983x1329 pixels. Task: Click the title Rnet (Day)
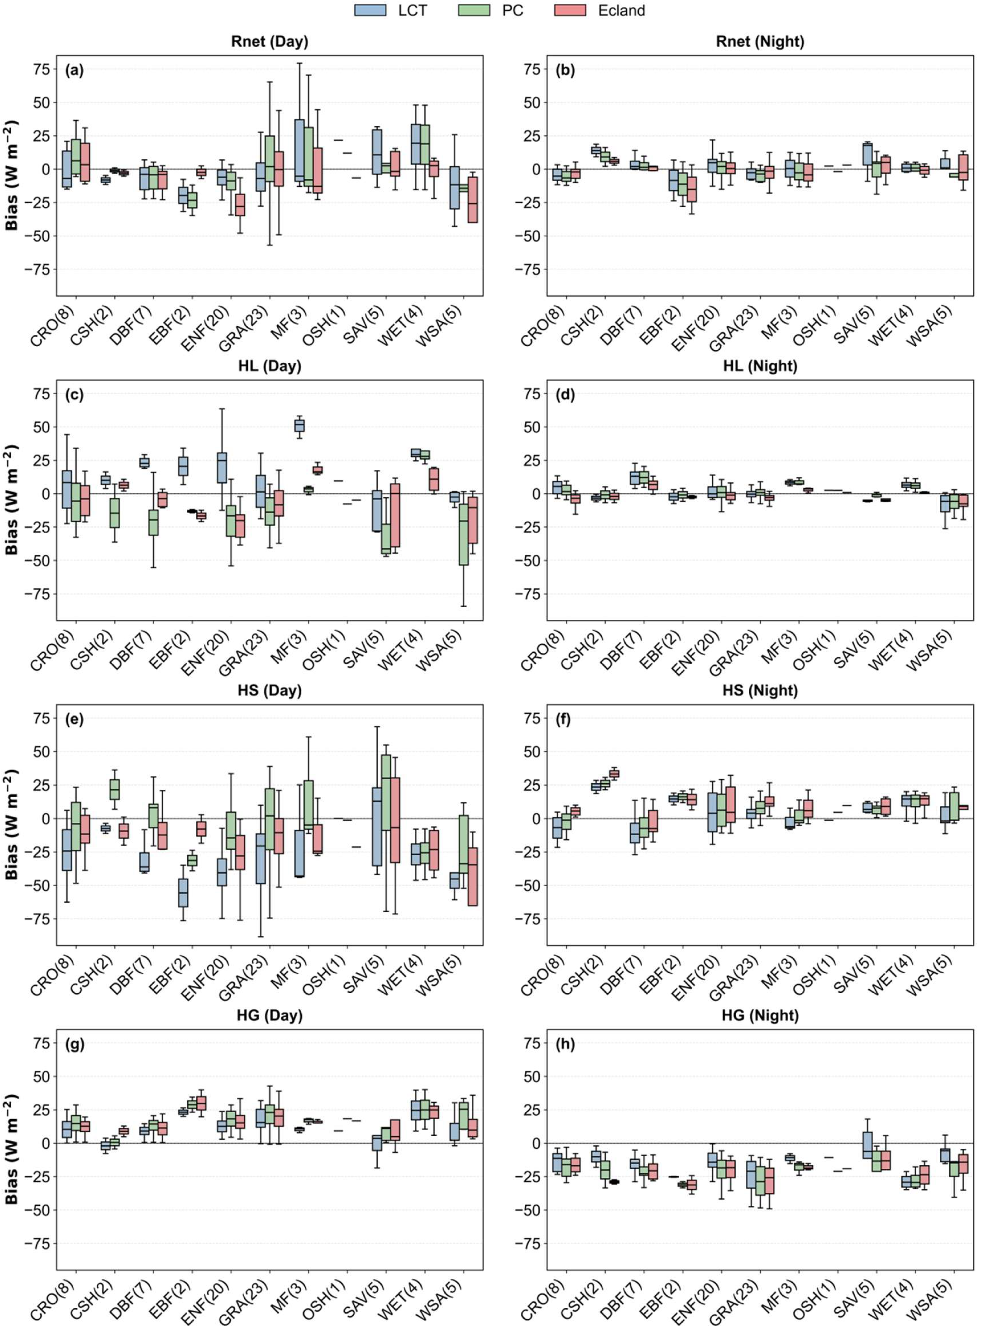[269, 42]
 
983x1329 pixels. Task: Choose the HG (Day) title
[269, 1015]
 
